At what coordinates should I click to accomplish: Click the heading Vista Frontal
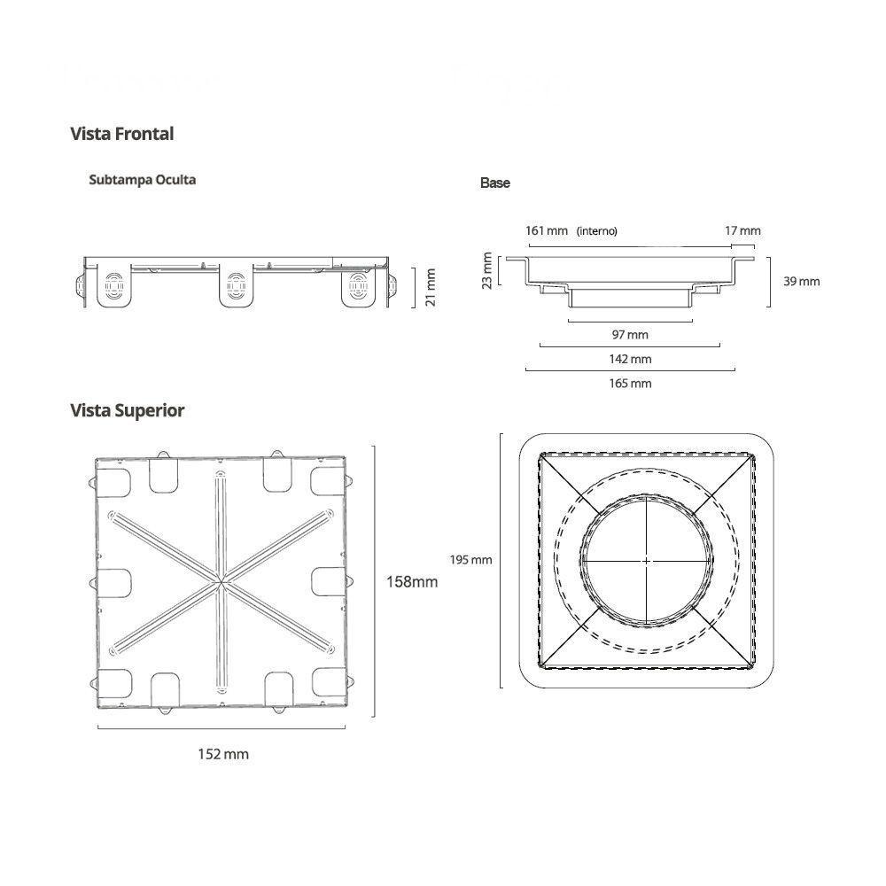pyautogui.click(x=121, y=135)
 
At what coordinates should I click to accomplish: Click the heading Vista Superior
pyautogui.click(x=127, y=411)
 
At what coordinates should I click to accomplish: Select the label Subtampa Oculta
pyautogui.click(x=142, y=180)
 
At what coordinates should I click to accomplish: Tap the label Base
pyautogui.click(x=495, y=183)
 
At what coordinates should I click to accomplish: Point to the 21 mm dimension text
pyautogui.click(x=431, y=286)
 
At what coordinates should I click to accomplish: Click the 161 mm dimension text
pyautogui.click(x=546, y=231)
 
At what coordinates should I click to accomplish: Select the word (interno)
pyautogui.click(x=596, y=231)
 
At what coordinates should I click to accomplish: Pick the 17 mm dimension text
pyautogui.click(x=742, y=231)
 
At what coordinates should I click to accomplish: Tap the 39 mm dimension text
pyautogui.click(x=803, y=282)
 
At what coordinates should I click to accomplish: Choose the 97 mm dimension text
pyautogui.click(x=630, y=335)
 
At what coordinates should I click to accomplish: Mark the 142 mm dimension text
pyautogui.click(x=630, y=359)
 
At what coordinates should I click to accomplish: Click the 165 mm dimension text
pyautogui.click(x=630, y=384)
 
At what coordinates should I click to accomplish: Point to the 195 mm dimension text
pyautogui.click(x=470, y=560)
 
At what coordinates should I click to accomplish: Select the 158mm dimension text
pyautogui.click(x=411, y=582)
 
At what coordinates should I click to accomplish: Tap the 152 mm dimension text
pyautogui.click(x=222, y=755)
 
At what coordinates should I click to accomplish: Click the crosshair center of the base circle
pyautogui.click(x=647, y=560)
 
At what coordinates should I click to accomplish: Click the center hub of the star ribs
pyautogui.click(x=219, y=582)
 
